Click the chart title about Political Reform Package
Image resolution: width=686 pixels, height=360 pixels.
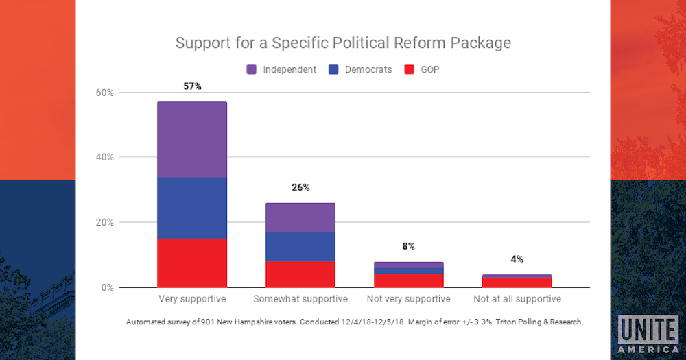(x=343, y=43)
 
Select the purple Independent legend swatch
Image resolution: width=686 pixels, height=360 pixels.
(x=251, y=69)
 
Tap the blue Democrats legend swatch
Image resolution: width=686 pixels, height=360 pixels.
(x=335, y=69)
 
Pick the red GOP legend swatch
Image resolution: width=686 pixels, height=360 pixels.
(x=410, y=69)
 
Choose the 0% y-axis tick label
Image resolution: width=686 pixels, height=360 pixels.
(x=108, y=287)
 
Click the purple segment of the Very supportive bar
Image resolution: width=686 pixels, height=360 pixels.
(x=192, y=139)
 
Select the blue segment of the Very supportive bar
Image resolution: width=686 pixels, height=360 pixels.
(x=192, y=208)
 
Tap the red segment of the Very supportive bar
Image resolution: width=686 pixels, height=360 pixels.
(x=192, y=263)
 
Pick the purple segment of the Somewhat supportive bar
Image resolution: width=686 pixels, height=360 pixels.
(x=300, y=217)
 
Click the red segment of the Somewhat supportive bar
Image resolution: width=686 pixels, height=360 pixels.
(x=300, y=274)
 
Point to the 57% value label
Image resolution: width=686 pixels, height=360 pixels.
(x=192, y=86)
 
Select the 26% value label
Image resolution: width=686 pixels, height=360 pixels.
(x=300, y=187)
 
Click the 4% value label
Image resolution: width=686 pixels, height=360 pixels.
(x=517, y=259)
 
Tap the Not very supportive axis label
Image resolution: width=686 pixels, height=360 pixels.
(x=408, y=299)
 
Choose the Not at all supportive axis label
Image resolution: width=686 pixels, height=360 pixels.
(x=517, y=299)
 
